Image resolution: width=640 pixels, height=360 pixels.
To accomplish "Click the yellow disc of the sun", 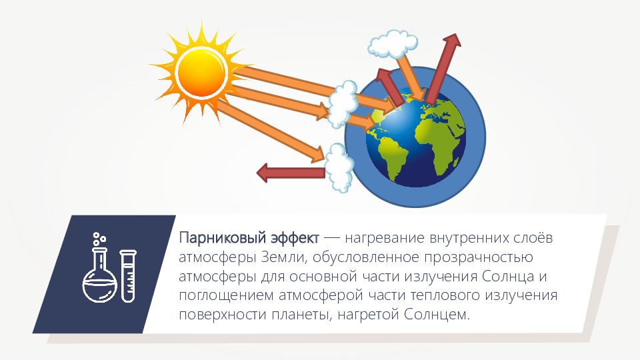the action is (x=201, y=73).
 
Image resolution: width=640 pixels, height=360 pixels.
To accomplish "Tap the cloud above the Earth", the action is (x=393, y=43).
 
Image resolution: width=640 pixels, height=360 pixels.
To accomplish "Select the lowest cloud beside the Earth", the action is (x=339, y=168).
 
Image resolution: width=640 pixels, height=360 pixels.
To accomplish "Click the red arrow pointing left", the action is (x=291, y=173).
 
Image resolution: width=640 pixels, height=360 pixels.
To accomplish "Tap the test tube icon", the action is (x=128, y=276).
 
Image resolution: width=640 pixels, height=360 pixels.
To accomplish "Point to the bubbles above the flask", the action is (x=99, y=239).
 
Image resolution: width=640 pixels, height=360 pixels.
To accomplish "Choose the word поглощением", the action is (x=226, y=295).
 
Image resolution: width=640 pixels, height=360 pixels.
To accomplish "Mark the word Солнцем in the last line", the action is (x=437, y=315).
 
